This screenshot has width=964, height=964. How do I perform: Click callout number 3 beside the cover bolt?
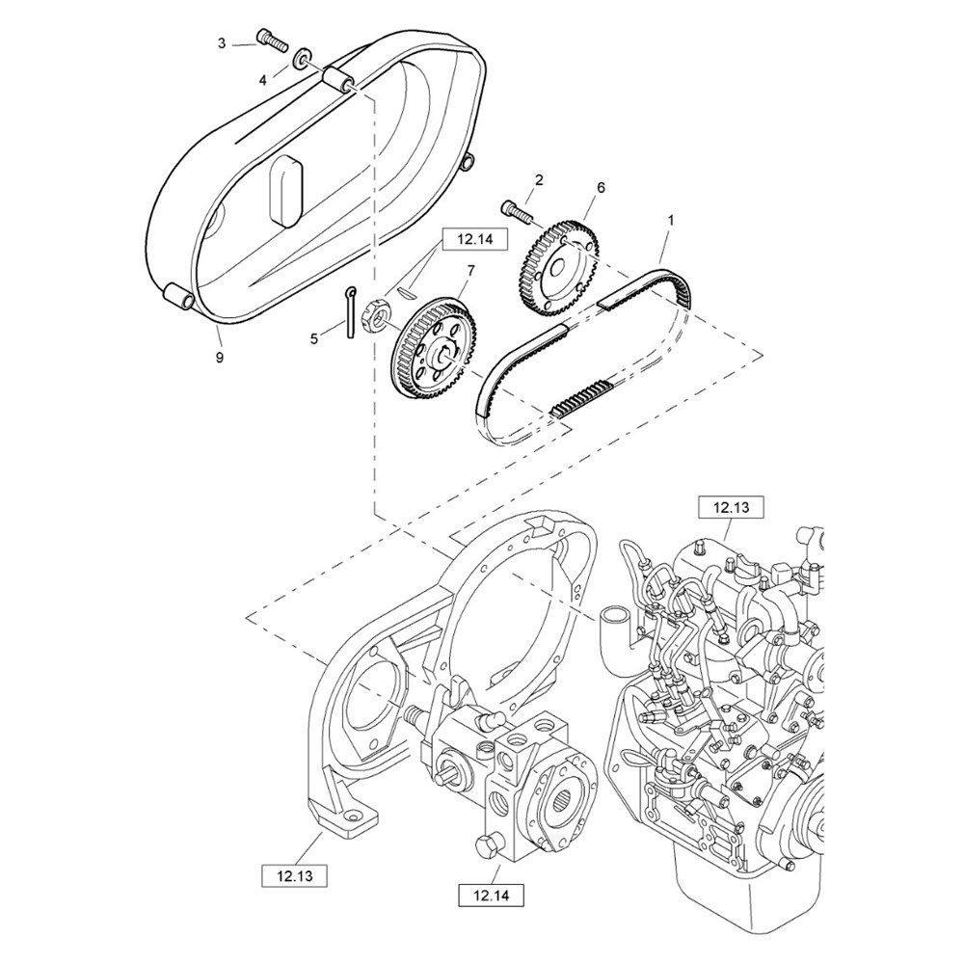222,43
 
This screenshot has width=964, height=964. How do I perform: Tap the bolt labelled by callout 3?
273,40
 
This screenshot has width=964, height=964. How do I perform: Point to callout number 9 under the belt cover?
220,358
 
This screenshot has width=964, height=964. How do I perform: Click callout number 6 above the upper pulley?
601,188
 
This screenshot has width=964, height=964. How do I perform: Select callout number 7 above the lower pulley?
471,271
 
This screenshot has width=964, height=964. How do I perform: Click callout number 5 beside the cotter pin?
313,338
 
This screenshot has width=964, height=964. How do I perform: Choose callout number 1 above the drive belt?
671,220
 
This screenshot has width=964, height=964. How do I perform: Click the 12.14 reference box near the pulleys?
475,239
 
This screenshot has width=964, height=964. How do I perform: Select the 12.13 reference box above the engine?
732,508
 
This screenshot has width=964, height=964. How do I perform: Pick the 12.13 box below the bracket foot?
294,876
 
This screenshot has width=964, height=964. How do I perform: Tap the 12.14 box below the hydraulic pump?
492,896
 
